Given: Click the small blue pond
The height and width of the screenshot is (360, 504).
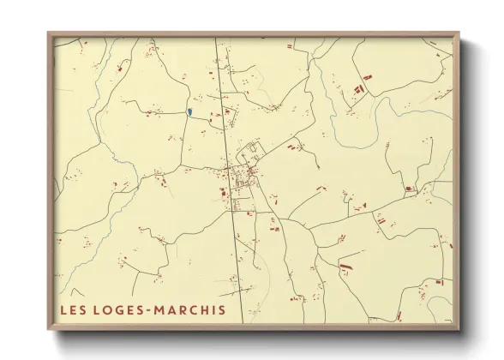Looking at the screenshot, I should tap(189, 112).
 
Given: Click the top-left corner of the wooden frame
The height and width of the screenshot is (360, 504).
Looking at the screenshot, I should tap(48, 33).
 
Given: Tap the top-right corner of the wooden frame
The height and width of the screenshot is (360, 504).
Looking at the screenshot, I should tap(459, 33).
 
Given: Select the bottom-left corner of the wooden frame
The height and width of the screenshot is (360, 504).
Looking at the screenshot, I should tap(48, 330).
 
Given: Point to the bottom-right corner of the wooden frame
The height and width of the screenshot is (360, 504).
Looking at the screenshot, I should tap(459, 330).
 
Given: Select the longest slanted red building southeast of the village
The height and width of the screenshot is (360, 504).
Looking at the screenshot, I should tap(345, 267).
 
